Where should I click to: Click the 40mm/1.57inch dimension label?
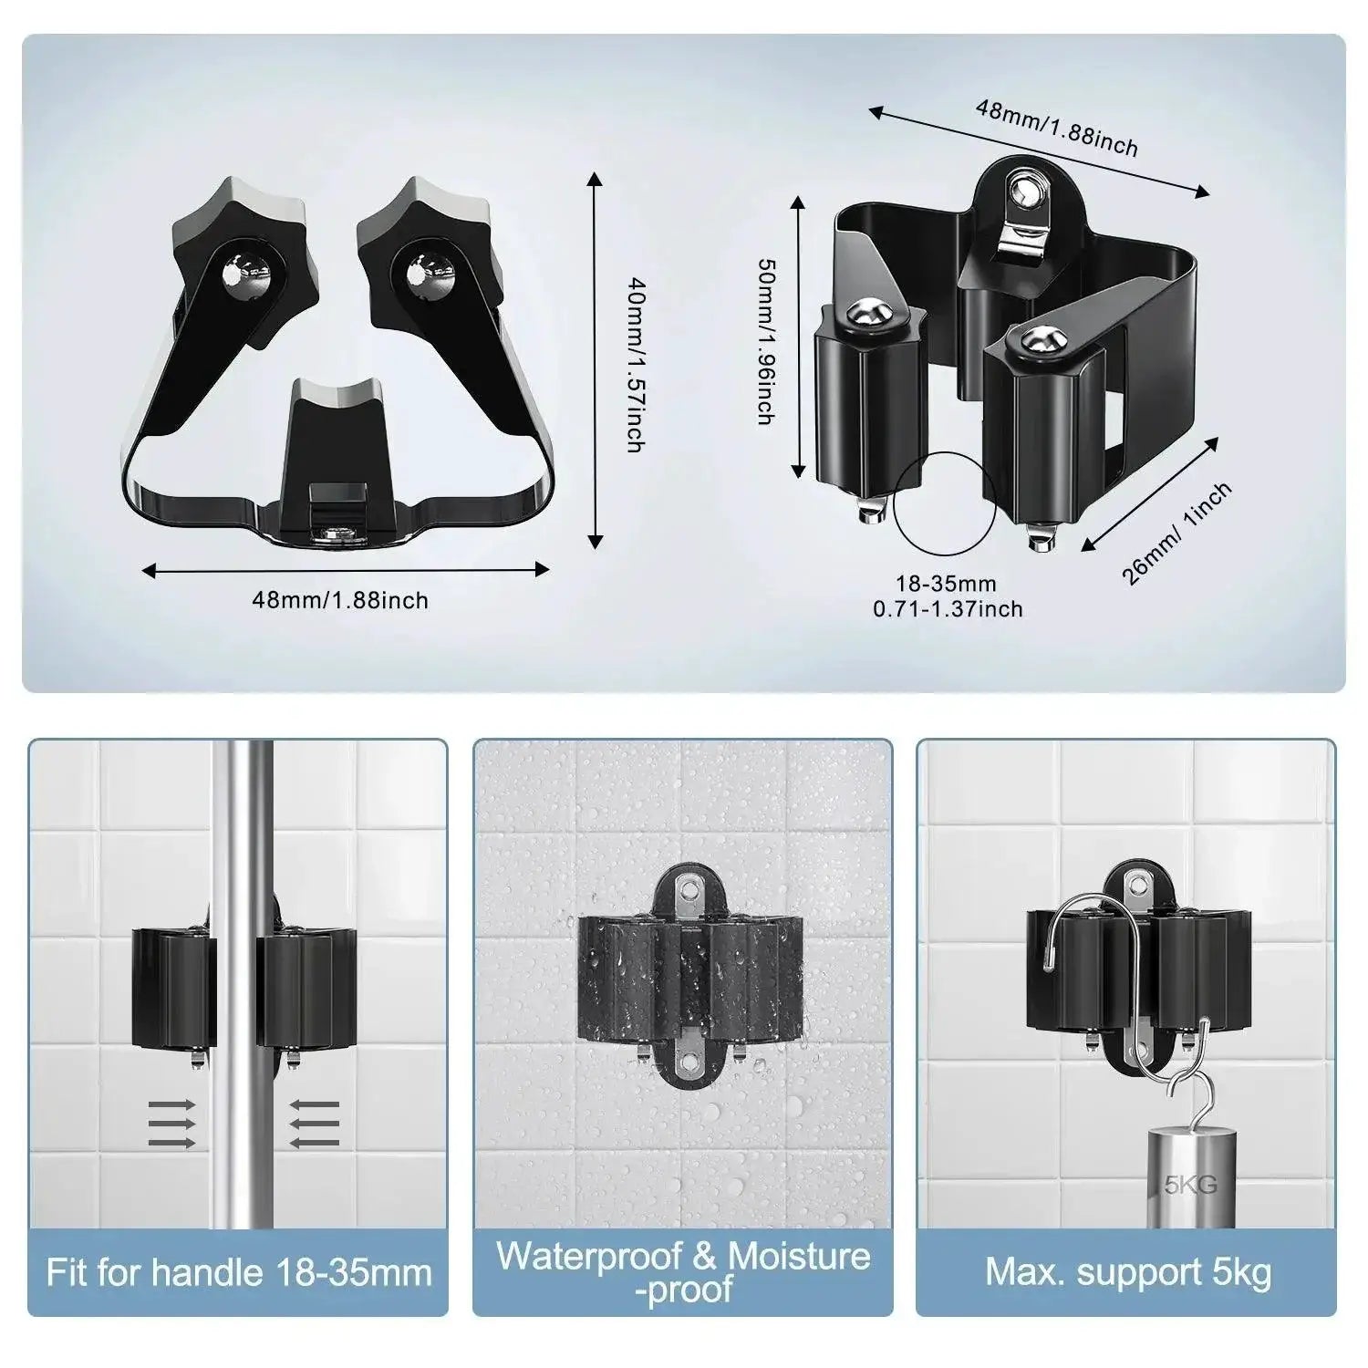point(635,365)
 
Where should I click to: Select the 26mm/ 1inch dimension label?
point(1176,533)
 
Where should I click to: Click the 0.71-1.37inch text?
point(948,608)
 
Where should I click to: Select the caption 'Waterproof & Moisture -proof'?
point(682,1271)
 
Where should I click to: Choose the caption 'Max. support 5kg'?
point(1128,1271)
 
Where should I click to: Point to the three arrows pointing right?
point(171,1123)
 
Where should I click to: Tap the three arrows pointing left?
point(315,1123)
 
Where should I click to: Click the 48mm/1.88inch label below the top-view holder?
point(340,600)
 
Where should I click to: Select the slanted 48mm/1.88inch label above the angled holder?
point(1057,128)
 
